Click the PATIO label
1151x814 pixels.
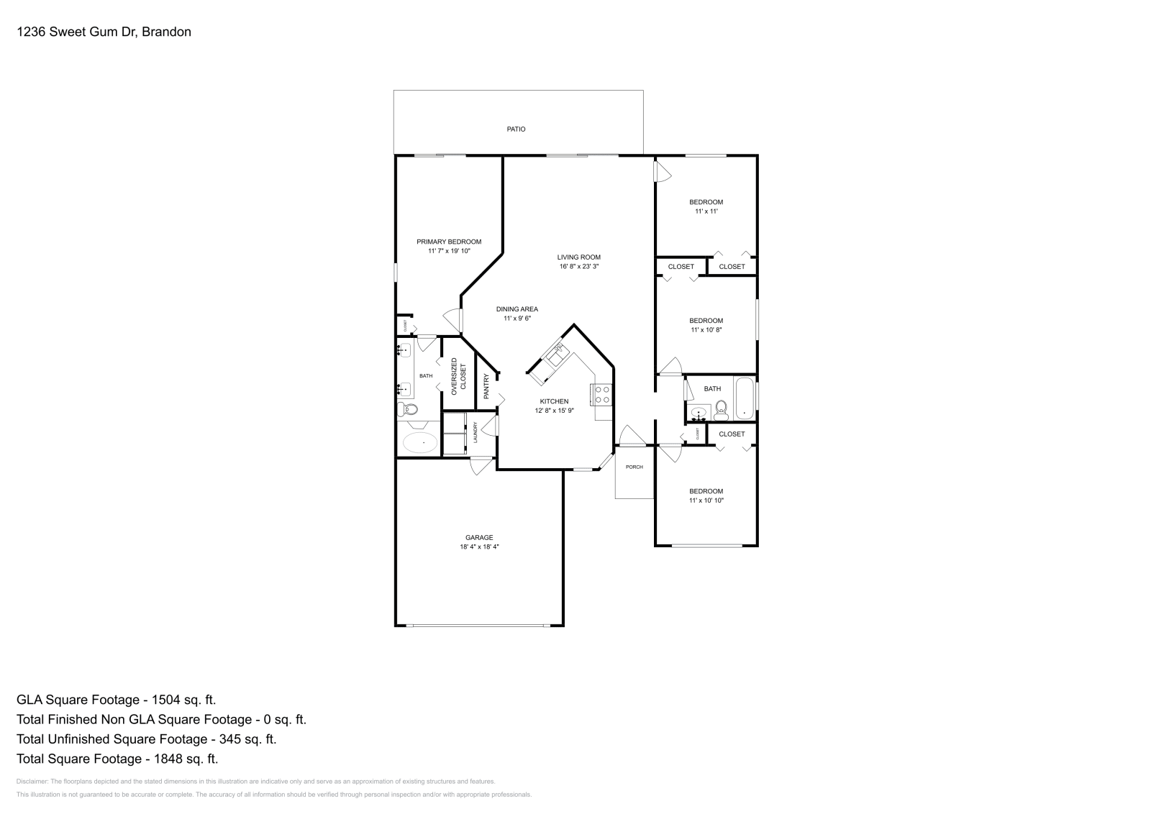tap(516, 129)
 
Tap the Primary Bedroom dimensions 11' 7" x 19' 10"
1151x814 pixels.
tap(449, 251)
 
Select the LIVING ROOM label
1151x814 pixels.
tap(578, 257)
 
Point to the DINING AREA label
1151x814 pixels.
tap(517, 309)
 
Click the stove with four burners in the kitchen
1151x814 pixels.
tap(602, 395)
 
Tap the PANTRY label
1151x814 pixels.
tap(486, 387)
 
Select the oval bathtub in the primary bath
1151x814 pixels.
tap(419, 442)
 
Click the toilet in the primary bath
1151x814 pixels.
tap(409, 410)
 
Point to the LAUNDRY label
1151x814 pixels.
tap(476, 433)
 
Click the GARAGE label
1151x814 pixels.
tap(479, 538)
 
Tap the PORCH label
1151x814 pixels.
tap(634, 467)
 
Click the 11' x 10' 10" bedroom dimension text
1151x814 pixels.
tap(706, 500)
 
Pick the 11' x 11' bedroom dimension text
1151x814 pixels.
tap(706, 211)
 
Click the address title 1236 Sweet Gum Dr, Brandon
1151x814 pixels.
tap(104, 32)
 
